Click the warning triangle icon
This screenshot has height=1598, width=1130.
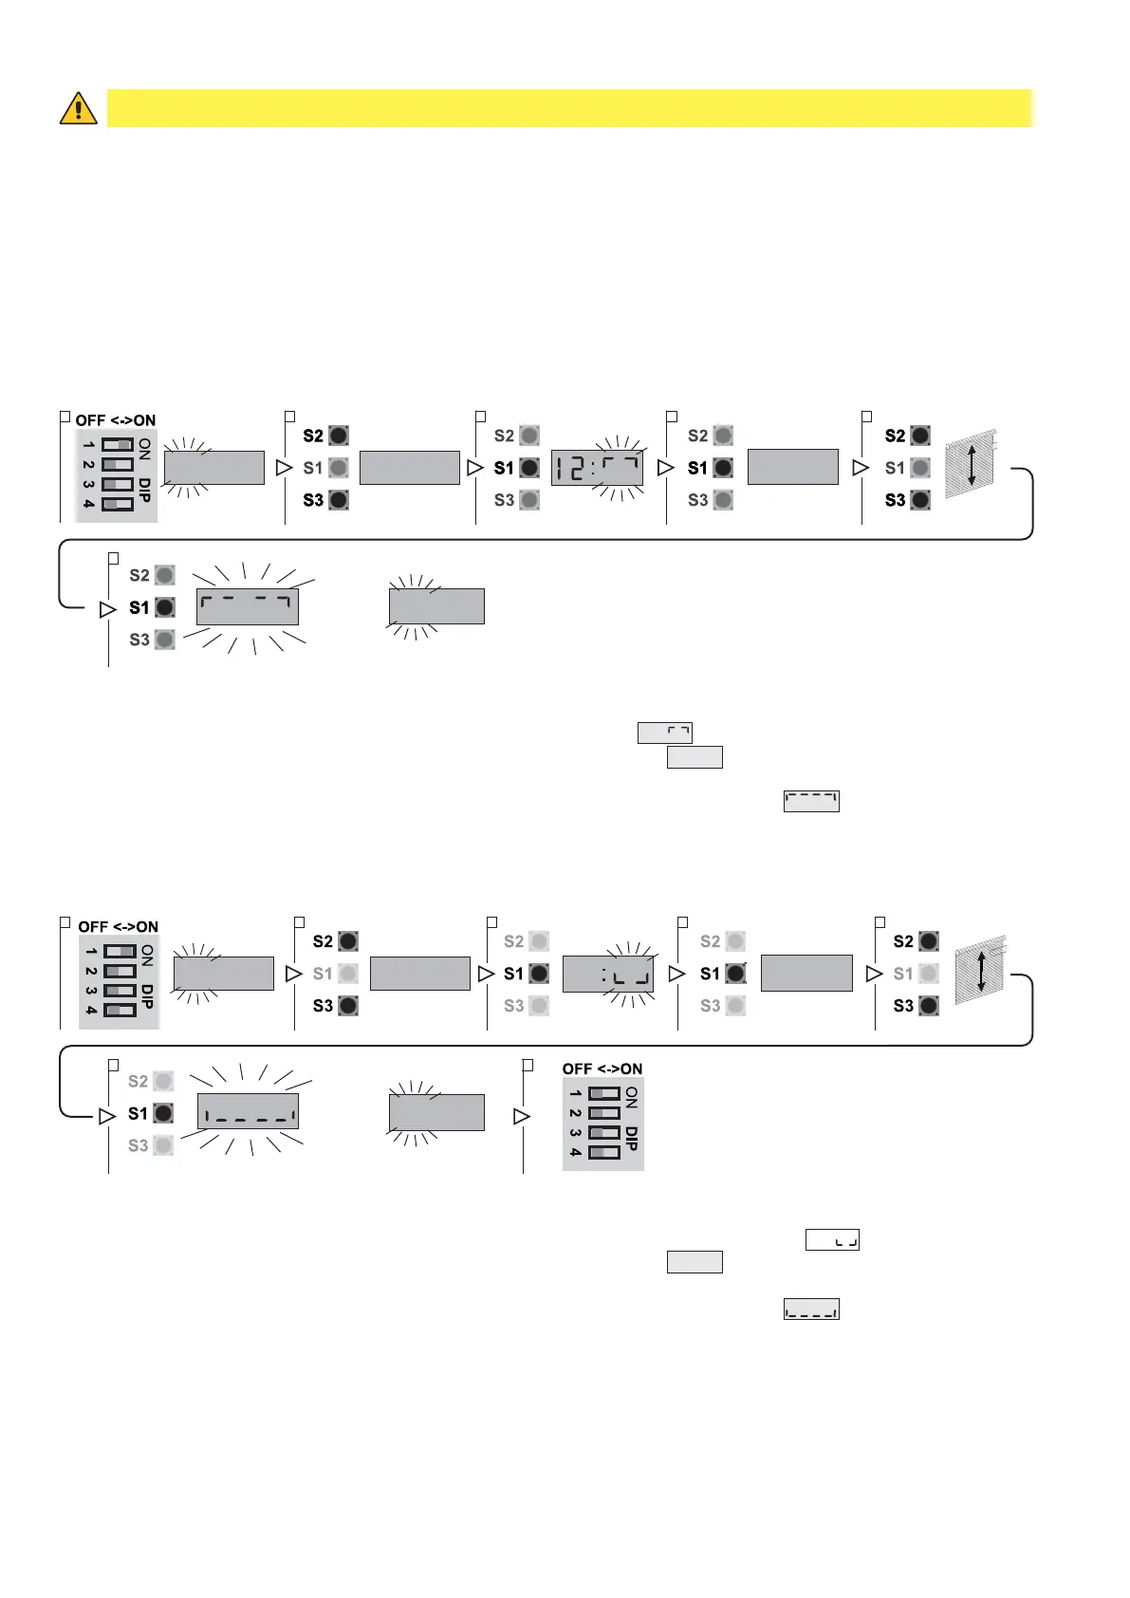pos(78,108)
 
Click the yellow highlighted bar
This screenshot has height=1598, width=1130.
pos(569,108)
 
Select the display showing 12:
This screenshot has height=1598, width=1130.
pos(597,468)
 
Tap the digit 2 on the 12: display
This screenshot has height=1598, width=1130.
pos(577,468)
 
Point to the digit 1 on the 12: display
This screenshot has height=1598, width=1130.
pos(561,468)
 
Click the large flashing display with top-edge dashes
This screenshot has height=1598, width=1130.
pos(248,606)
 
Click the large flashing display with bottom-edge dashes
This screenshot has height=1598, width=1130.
pos(248,1111)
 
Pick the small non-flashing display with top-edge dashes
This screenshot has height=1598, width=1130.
pos(811,802)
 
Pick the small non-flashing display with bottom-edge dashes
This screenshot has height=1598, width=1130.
pos(811,1310)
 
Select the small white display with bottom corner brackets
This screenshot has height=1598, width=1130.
pos(832,1239)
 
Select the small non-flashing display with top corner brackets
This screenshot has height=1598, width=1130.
pos(665,733)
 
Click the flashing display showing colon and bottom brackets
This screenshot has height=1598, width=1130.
pos(608,975)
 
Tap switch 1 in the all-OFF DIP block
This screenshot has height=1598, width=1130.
pos(604,1094)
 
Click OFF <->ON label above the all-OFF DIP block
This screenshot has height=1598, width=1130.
pos(602,1068)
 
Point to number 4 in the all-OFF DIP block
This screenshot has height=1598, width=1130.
pos(576,1152)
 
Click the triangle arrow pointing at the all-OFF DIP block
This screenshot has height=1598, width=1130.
pos(521,1117)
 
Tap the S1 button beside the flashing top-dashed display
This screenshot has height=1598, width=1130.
pos(164,607)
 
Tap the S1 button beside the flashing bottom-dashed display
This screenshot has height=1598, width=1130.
pos(163,1113)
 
